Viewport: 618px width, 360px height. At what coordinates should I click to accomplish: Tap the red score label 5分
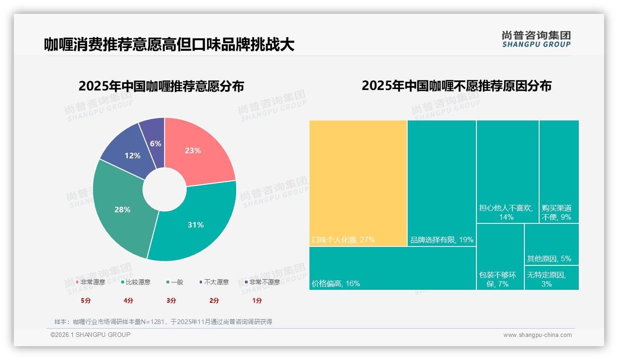tap(86, 300)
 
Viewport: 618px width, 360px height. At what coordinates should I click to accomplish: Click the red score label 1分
tap(257, 300)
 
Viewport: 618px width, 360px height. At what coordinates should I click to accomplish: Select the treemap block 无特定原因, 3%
tap(551, 278)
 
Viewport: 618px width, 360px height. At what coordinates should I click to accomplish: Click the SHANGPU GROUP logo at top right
tap(536, 39)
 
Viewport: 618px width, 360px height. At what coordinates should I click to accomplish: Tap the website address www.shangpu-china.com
tap(537, 335)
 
